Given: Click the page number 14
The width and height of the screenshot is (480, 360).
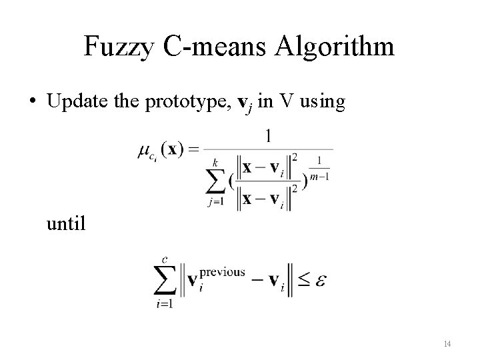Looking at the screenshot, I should click(x=447, y=343).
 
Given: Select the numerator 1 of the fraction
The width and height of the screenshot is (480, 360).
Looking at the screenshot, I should click(x=268, y=136).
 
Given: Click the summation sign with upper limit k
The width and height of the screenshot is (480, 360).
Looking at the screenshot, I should click(x=216, y=177).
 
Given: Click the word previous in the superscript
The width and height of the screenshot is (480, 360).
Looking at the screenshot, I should click(x=221, y=272).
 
